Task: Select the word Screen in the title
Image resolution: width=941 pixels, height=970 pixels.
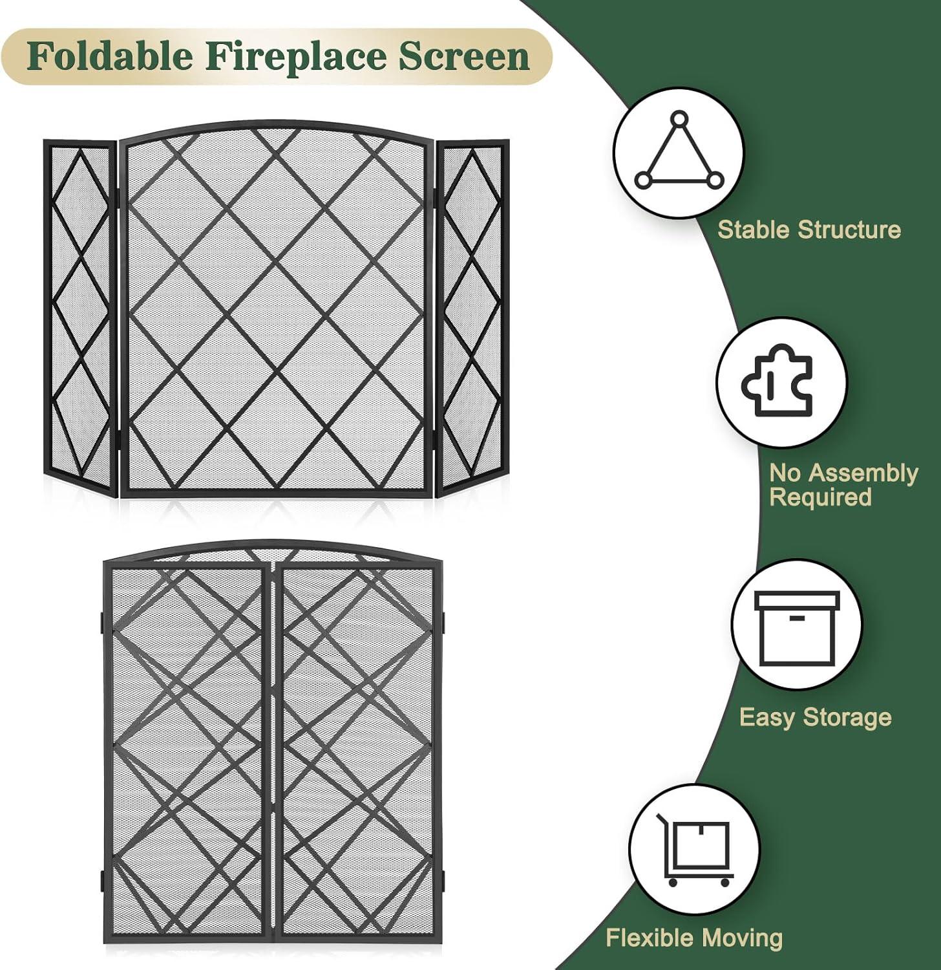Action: [463, 56]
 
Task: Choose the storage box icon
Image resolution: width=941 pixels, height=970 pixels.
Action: [797, 624]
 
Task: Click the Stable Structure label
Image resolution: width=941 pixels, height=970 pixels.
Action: [809, 230]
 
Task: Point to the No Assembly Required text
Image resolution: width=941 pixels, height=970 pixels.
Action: [843, 485]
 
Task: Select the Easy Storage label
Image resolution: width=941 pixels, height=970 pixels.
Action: [815, 717]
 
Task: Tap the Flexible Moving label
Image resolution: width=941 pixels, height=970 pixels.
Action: [693, 937]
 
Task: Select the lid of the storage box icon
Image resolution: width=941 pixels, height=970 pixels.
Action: [797, 601]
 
